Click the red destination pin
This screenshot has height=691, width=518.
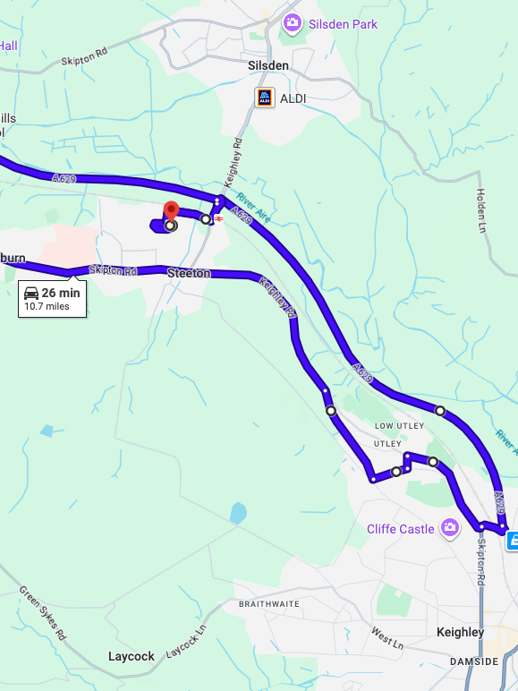(x=171, y=210)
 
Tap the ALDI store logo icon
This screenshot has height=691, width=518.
(x=265, y=98)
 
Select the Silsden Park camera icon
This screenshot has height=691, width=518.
(x=292, y=23)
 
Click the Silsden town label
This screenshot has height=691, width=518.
(x=268, y=65)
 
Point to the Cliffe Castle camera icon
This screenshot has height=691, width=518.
(x=449, y=527)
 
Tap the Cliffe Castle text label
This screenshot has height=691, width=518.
(x=400, y=529)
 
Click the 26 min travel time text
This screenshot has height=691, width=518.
(x=61, y=293)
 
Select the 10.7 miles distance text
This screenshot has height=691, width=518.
(x=47, y=306)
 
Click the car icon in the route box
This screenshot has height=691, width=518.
(x=30, y=293)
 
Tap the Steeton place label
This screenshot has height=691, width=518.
(x=189, y=273)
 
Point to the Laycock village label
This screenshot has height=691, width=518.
(x=132, y=656)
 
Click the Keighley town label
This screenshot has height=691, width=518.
(x=460, y=632)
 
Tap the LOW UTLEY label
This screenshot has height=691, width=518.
(x=397, y=425)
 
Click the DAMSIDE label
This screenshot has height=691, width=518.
(x=474, y=661)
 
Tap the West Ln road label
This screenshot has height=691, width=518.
(x=387, y=638)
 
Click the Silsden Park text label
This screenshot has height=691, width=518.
(x=344, y=24)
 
